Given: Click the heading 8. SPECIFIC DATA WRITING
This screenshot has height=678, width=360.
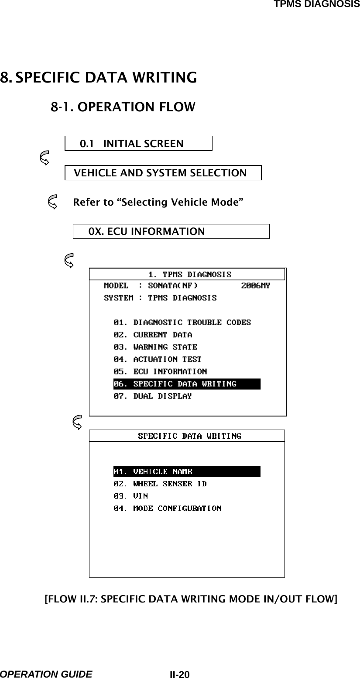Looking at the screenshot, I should tap(99, 78).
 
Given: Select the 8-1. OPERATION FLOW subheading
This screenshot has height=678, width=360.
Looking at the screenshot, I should tap(123, 107).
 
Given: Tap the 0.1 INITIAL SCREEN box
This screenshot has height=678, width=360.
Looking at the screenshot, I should tap(138, 143).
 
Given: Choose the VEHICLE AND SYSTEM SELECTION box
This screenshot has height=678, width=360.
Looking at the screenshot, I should tap(163, 173).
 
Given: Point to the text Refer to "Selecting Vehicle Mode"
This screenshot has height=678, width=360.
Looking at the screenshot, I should tap(158, 203).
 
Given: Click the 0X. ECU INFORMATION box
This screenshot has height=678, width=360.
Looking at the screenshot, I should tap(171, 231).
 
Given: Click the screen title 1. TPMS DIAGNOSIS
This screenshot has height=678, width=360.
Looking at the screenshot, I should tap(190, 274).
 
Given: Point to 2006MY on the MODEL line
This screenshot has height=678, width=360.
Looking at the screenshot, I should tap(256, 286).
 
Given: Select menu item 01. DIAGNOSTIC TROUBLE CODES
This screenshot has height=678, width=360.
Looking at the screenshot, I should tap(182, 323).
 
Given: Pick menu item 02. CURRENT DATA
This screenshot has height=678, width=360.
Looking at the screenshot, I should tap(153, 335).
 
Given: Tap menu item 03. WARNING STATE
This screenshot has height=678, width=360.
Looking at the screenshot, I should tap(155, 347).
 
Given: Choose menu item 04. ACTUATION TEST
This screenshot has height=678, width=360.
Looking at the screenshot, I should tap(158, 359).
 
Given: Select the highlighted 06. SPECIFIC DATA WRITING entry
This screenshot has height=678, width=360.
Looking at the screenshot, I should tap(186, 384).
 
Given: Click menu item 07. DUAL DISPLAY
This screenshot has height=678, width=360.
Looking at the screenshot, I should tap(153, 396).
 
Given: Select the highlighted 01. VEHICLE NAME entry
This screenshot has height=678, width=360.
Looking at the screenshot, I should tap(186, 472).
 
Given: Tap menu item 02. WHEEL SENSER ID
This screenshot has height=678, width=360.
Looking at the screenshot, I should tap(160, 484).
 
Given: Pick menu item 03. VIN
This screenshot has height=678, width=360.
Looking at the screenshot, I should tap(130, 496).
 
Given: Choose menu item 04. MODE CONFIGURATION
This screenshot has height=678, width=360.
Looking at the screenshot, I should tap(167, 508).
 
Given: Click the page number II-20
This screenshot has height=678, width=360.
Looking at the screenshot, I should tap(180, 674).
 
